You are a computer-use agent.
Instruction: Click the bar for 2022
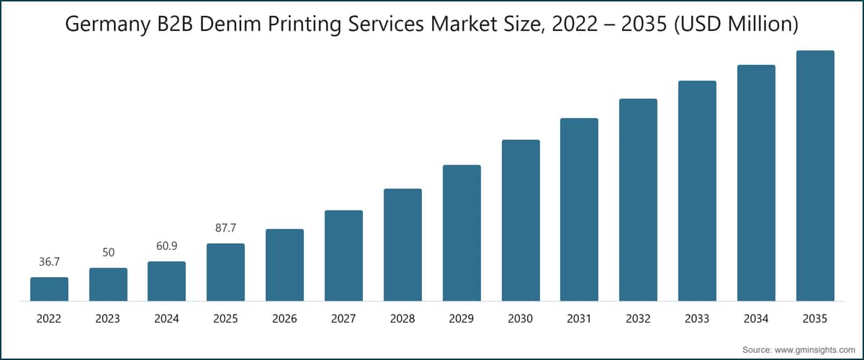[49, 289]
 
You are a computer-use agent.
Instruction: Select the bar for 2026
[284, 265]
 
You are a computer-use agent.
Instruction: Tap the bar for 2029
[462, 233]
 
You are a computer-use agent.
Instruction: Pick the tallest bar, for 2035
[815, 176]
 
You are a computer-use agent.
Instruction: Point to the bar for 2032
[638, 199]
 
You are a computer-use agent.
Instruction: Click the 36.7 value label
[49, 262]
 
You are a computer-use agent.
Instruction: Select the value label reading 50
[108, 253]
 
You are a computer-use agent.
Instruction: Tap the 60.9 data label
[167, 246]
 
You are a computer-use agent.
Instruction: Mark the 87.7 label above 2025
[225, 228]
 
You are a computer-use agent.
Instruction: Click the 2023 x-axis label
[108, 319]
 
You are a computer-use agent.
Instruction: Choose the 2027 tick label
[343, 319]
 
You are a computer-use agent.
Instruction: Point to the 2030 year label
[521, 319]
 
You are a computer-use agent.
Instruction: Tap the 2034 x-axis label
[756, 319]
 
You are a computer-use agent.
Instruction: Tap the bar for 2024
[167, 281]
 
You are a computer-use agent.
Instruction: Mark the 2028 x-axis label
[402, 319]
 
